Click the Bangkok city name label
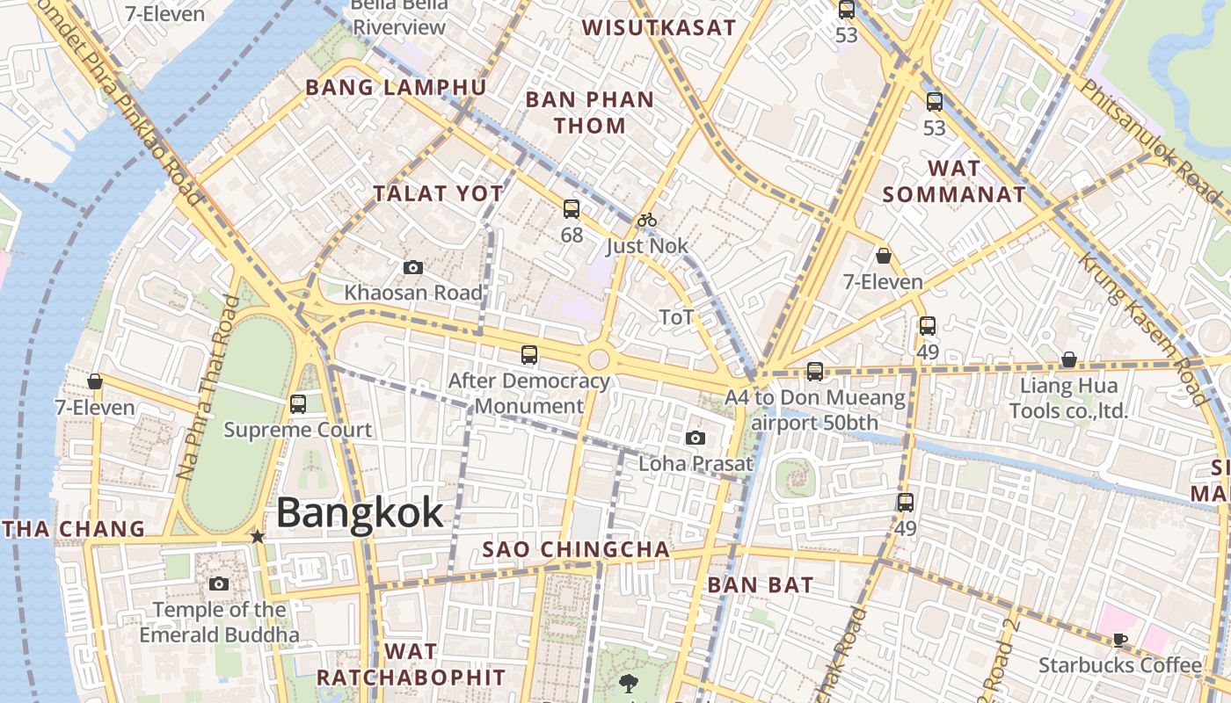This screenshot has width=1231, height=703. (361, 512)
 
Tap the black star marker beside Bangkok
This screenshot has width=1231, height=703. (257, 536)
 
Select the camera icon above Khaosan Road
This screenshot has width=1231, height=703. (412, 268)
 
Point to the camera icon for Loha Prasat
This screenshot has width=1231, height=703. (696, 438)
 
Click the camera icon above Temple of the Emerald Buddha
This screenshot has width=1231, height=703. (219, 583)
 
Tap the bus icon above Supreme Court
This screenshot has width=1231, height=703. (298, 404)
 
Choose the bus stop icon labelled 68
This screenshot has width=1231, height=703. (572, 209)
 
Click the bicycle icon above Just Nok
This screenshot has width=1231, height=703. (647, 220)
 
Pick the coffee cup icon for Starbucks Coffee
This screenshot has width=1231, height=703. (1119, 640)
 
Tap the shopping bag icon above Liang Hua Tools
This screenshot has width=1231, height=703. (1069, 359)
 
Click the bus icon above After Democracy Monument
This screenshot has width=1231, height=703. (529, 355)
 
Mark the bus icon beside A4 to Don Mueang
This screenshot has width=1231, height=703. (815, 372)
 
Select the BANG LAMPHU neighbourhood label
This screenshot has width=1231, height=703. (396, 87)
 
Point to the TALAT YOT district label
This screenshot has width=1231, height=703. (438, 194)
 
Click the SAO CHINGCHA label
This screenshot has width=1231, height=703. (576, 550)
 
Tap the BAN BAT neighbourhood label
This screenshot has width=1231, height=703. (761, 584)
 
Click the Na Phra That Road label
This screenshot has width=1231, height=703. (209, 387)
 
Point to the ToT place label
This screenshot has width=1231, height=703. (676, 317)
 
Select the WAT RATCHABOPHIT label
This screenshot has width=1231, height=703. (411, 664)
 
